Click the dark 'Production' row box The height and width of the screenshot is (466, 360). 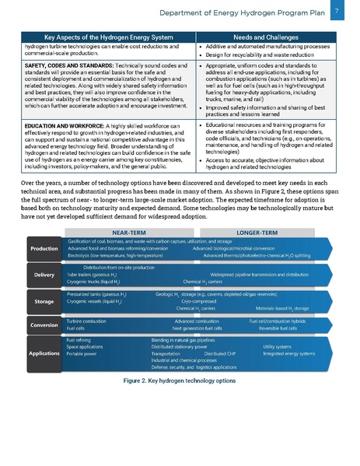click(x=44, y=249)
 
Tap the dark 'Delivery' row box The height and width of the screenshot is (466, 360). click(x=44, y=275)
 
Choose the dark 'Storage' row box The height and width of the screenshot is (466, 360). click(x=44, y=301)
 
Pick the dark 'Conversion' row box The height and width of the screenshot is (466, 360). click(x=44, y=324)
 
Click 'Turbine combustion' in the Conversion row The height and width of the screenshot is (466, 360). click(x=86, y=321)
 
